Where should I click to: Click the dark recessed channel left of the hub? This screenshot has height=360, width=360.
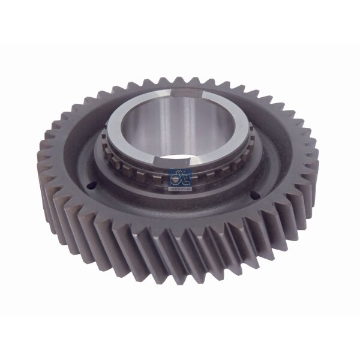[x=90, y=150]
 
